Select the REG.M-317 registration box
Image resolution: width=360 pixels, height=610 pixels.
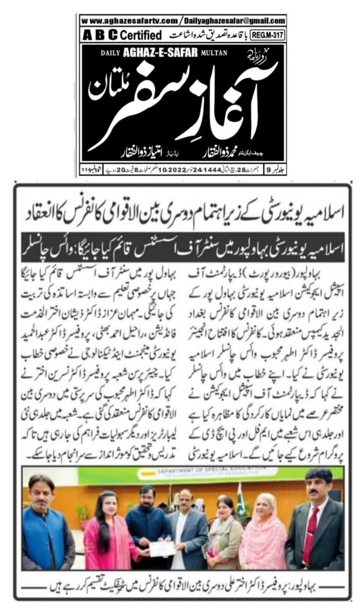272,35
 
